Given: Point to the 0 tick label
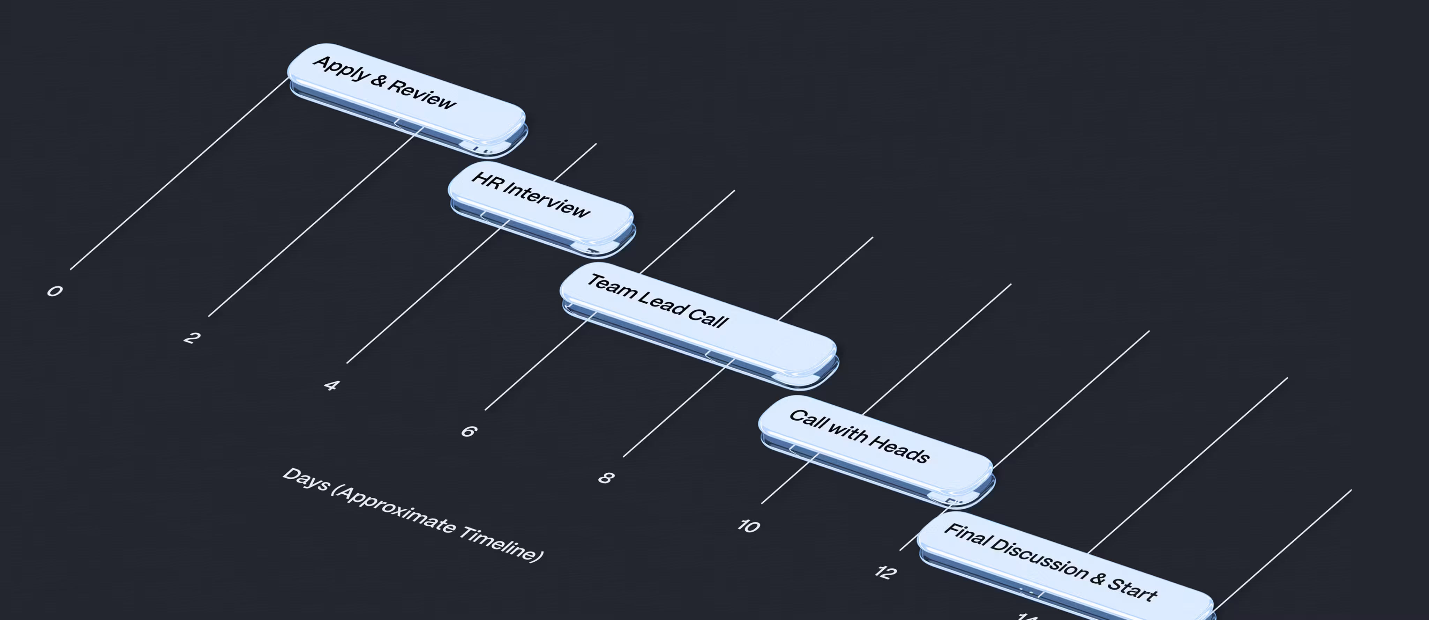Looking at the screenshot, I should [54, 290].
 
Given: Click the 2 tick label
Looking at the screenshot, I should [192, 337].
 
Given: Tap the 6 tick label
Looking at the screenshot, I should [469, 431].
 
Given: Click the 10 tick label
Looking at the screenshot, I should [748, 525].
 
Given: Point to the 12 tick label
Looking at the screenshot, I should [885, 572].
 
